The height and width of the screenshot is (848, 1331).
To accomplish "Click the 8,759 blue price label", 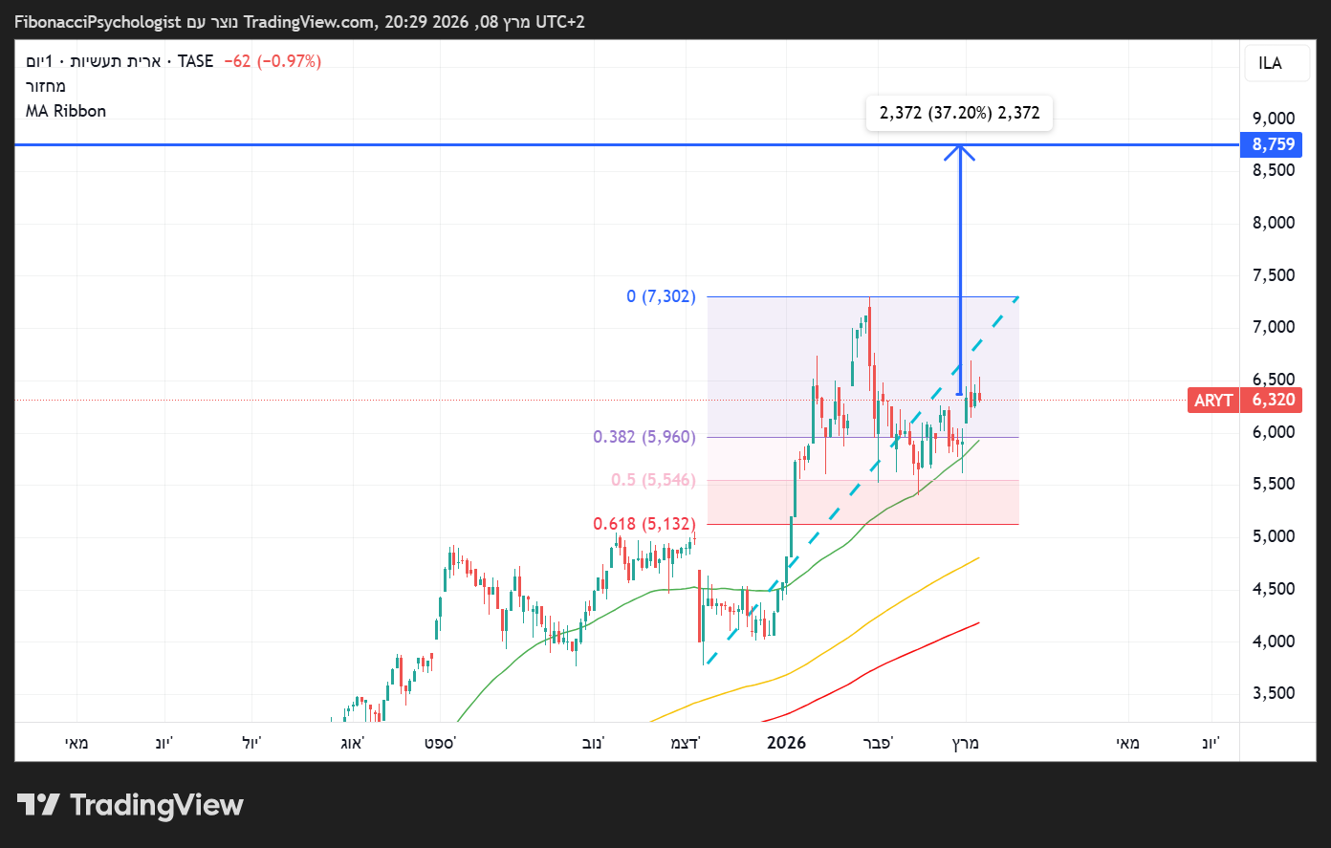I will click(x=1273, y=144).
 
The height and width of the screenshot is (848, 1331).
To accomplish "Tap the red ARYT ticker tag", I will click(x=1212, y=400).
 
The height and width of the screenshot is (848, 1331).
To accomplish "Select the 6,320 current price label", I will click(x=1273, y=400).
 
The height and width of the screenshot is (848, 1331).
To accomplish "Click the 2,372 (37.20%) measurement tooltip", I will click(x=959, y=113).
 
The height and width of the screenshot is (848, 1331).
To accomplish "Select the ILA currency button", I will click(x=1270, y=63).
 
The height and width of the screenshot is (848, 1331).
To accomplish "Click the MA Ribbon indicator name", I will click(x=66, y=111).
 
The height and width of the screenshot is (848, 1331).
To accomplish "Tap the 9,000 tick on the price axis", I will click(x=1273, y=119).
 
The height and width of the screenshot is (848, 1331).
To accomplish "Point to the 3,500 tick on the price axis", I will click(x=1273, y=693).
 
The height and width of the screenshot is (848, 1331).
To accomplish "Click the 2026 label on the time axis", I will click(x=786, y=743).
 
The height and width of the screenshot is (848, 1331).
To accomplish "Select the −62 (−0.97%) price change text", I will click(x=273, y=61).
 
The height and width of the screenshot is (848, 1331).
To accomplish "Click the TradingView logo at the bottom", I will click(x=130, y=805).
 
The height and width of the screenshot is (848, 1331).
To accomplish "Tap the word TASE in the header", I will click(x=195, y=61).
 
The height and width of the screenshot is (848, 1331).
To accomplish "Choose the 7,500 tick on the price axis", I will click(x=1273, y=275).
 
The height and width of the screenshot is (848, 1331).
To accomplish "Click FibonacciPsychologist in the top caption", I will click(x=98, y=22).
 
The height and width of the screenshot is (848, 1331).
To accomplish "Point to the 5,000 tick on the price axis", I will click(x=1273, y=536).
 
